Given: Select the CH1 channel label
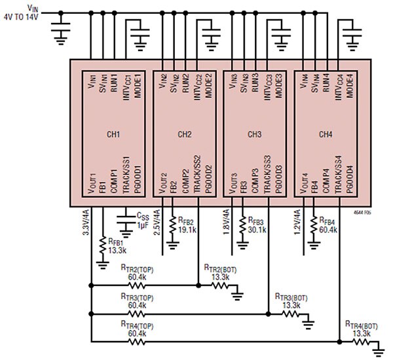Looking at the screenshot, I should (113, 135).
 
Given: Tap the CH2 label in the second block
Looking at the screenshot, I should (185, 135).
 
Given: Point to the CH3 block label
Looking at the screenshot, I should (255, 135).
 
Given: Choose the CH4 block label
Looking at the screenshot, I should (326, 135).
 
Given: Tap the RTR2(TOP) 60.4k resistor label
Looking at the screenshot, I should (137, 272).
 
